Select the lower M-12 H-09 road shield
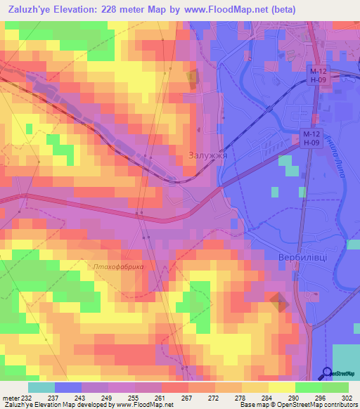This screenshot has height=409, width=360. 311,138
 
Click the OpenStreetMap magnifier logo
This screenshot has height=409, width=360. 328,373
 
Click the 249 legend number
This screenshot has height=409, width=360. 108,398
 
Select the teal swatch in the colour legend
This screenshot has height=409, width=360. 41,387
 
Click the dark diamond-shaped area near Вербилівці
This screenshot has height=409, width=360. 279,302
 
